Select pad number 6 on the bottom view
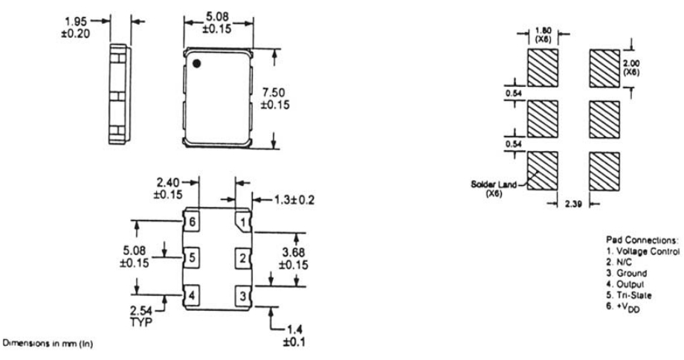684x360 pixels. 193,222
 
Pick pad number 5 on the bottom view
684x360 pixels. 193,259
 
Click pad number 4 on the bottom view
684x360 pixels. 193,295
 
